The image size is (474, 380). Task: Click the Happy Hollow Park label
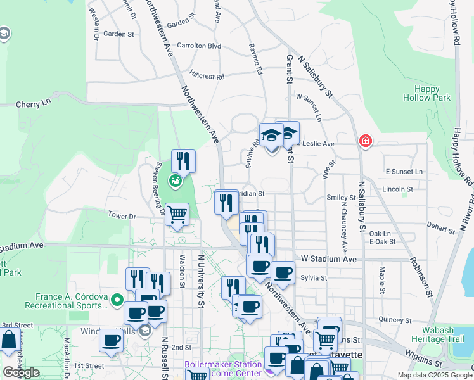(x=426, y=93)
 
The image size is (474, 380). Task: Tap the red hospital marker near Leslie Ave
(x=365, y=141)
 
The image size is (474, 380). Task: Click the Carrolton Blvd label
(x=199, y=46)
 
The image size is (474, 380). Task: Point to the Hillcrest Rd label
(x=207, y=76)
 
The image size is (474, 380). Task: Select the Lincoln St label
(x=398, y=189)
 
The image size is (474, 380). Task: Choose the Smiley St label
(x=341, y=198)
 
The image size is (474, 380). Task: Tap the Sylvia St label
(x=314, y=277)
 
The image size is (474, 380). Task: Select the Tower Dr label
(x=122, y=216)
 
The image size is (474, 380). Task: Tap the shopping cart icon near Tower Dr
(x=177, y=215)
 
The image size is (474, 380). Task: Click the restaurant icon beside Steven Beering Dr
(x=183, y=161)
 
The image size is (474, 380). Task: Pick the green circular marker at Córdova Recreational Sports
(x=117, y=299)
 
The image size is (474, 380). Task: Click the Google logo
(x=21, y=372)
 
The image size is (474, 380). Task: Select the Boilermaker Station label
(x=222, y=365)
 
